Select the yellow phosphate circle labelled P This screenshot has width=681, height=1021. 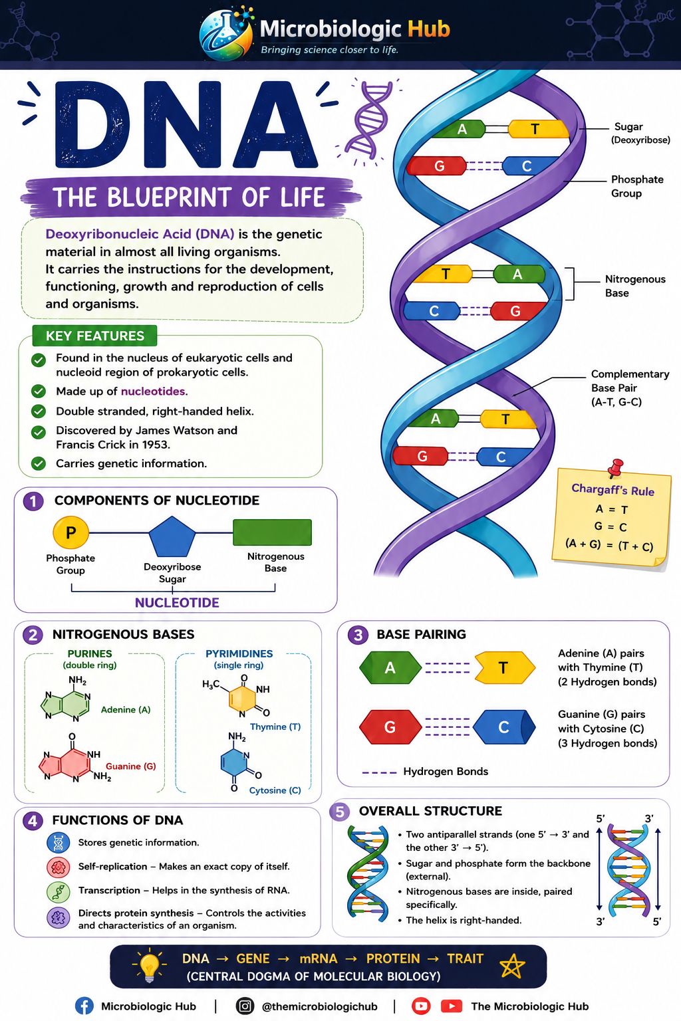pyautogui.click(x=70, y=532)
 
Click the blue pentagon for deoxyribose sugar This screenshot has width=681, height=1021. pyautogui.click(x=172, y=536)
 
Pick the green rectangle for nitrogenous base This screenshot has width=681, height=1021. pyautogui.click(x=272, y=532)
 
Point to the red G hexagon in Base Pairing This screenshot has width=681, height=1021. pyautogui.click(x=390, y=727)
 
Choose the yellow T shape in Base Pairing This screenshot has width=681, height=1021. pyautogui.click(x=505, y=668)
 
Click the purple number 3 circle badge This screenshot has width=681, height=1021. pyautogui.click(x=358, y=635)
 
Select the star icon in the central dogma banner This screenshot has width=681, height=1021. pyautogui.click(x=512, y=966)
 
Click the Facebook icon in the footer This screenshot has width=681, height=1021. pyautogui.click(x=84, y=1006)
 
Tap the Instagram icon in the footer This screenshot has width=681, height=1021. pyautogui.click(x=245, y=1006)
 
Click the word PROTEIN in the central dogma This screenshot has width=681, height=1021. pyautogui.click(x=393, y=958)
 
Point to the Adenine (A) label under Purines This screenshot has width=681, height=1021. pyautogui.click(x=126, y=709)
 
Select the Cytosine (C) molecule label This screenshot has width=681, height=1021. pyautogui.click(x=275, y=790)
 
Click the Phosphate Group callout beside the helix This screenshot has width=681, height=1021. pyautogui.click(x=637, y=186)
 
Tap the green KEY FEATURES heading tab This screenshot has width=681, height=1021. pyautogui.click(x=95, y=336)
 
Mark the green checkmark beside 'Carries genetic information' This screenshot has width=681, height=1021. pyautogui.click(x=39, y=463)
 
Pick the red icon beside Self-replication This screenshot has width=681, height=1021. pyautogui.click(x=59, y=867)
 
